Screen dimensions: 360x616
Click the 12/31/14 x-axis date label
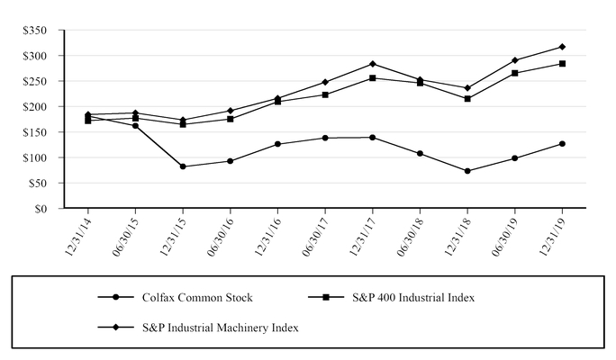click(77, 237)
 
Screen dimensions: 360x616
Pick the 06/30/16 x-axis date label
click(219, 237)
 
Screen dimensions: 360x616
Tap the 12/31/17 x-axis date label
click(361, 237)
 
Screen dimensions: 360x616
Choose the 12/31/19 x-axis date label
click(551, 237)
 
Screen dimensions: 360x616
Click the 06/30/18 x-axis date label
click(409, 237)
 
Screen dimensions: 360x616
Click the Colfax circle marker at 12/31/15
click(183, 166)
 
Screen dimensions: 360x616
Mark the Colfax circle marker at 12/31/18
click(467, 171)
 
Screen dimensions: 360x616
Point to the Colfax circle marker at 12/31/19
click(562, 143)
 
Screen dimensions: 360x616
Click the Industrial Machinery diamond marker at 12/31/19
click(562, 47)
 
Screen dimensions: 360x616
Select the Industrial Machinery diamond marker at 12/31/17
click(372, 64)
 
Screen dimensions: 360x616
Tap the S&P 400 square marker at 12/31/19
click(562, 64)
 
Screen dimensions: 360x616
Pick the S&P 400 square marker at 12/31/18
click(467, 98)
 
